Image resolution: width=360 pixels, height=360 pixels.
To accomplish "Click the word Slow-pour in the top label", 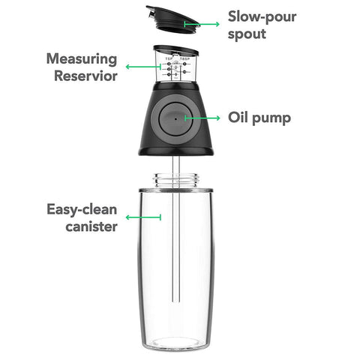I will (262, 16).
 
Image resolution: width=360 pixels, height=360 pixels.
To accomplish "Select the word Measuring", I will (82, 58).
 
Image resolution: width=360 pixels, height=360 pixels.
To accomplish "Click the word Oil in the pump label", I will (239, 118).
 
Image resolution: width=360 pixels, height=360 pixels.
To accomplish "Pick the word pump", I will (274, 118).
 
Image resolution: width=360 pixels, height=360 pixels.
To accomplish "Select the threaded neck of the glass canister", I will (175, 180).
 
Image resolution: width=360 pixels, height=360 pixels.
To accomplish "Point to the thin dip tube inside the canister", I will (177, 247).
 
